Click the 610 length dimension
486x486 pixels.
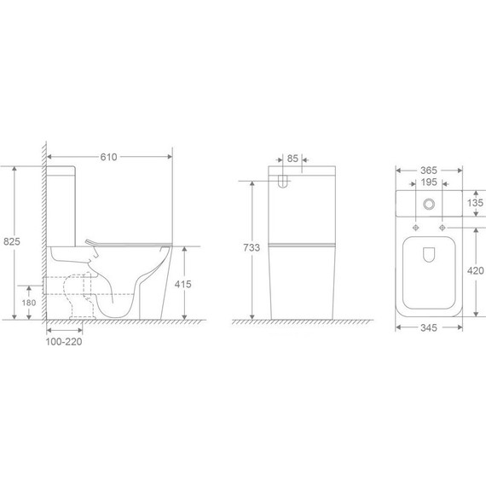tap(107, 157)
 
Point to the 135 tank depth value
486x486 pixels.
tap(476, 203)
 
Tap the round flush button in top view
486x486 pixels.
tap(429, 205)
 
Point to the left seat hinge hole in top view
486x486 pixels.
tap(415, 229)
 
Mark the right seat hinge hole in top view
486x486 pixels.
tap(443, 229)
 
